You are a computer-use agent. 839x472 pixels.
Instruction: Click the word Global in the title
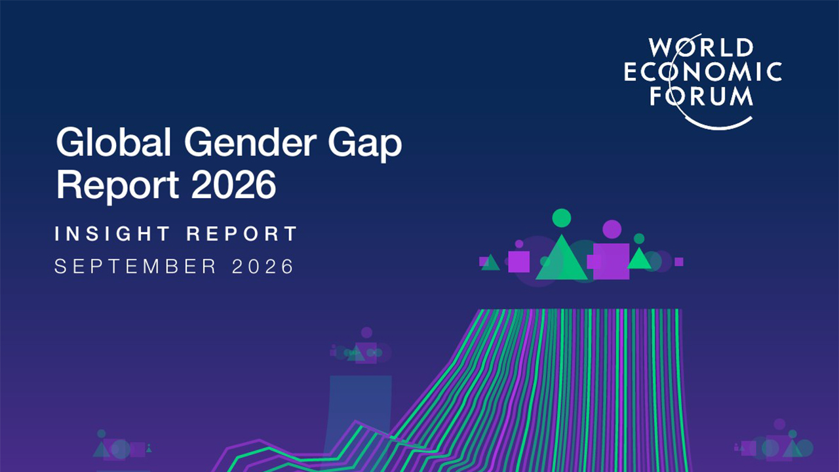[x=114, y=142]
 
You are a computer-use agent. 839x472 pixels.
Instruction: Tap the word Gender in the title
[x=250, y=142]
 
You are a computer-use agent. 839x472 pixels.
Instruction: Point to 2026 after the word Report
[x=234, y=185]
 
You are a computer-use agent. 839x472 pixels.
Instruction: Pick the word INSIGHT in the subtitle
[x=112, y=234]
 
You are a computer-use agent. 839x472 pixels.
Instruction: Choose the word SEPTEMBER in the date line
[x=136, y=266]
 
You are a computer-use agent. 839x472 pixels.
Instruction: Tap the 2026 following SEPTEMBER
[x=263, y=266]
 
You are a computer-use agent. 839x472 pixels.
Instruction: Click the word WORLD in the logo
[x=701, y=48]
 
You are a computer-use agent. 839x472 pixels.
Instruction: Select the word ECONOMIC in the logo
[x=703, y=71]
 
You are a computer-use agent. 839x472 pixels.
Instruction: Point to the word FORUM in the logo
[x=701, y=96]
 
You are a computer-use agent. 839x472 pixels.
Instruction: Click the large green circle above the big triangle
[x=562, y=218]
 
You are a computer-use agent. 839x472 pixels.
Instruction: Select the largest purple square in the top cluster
[x=612, y=261]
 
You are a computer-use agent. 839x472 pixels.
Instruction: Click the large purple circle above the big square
[x=612, y=229]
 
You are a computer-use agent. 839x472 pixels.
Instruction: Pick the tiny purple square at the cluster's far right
[x=678, y=262]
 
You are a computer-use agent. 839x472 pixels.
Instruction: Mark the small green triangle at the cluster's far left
[x=491, y=264]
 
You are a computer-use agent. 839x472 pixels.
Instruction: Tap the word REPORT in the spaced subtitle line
[x=242, y=234]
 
